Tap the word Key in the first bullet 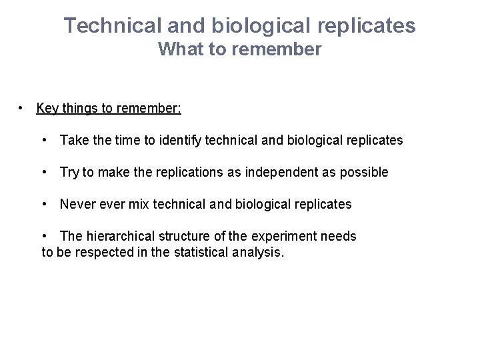coord(47,108)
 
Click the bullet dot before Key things coord(22,108)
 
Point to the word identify coord(181,140)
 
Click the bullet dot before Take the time coord(44,140)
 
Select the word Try coord(69,172)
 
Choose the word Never coord(77,204)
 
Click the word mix coord(139,204)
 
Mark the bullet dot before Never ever coord(44,204)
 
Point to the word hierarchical coord(115,236)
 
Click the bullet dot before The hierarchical coord(44,236)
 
